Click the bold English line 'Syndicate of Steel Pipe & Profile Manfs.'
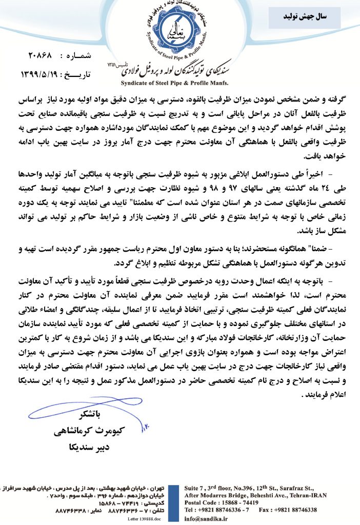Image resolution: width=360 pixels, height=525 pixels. click(174, 82)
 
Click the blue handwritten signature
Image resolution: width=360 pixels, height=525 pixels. click(72, 406)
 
